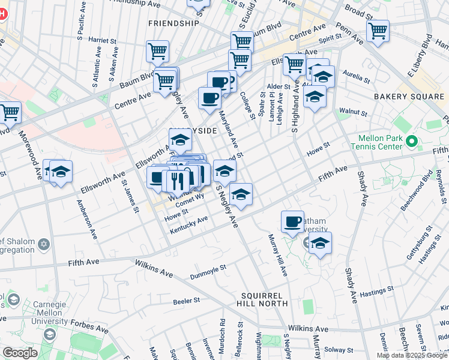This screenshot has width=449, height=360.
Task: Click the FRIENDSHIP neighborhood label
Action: tap(173, 23)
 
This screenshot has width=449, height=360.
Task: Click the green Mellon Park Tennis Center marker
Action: tap(411, 142)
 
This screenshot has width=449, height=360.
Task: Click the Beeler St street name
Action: tap(185, 301)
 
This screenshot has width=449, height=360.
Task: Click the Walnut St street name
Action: tap(352, 112)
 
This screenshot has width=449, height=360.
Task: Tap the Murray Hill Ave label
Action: tap(278, 254)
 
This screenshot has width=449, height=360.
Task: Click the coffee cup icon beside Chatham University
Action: tap(292, 221)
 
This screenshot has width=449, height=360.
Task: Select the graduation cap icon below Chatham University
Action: tap(321, 243)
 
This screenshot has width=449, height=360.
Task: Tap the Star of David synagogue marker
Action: tap(43, 244)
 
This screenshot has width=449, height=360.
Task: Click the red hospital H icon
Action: tap(2, 13)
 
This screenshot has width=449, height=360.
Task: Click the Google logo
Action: tap(19, 353)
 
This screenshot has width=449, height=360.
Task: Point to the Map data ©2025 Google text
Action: tap(412, 355)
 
